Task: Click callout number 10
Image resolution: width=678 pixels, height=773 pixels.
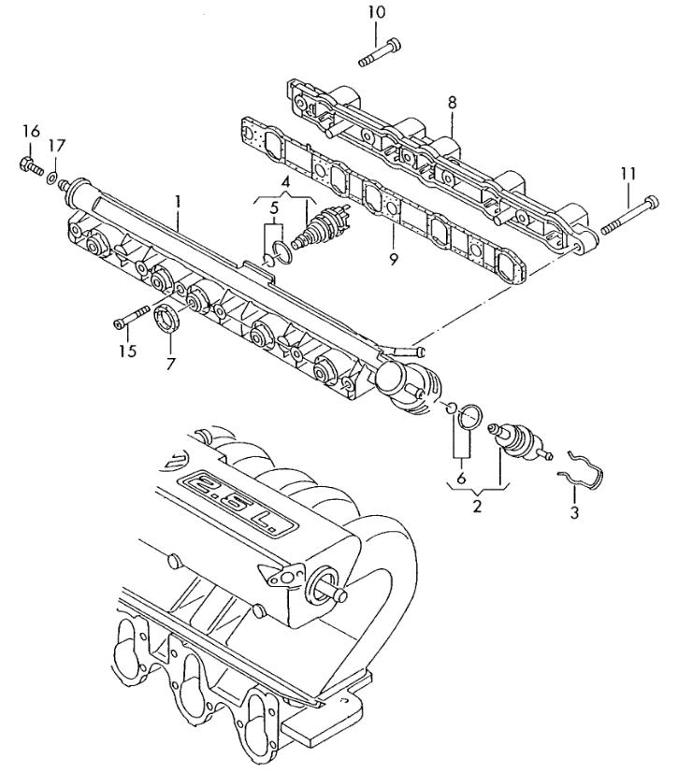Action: point(376,13)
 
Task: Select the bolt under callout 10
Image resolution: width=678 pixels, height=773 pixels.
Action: point(378,52)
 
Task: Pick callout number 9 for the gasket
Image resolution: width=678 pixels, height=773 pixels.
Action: point(393,259)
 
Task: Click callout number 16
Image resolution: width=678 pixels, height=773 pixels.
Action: point(31,132)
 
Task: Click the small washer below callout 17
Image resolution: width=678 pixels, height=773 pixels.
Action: point(54,175)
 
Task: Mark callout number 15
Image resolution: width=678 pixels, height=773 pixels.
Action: point(127,351)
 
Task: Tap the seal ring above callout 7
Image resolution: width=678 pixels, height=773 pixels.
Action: point(166,318)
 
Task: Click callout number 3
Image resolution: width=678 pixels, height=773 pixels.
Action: point(574,512)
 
